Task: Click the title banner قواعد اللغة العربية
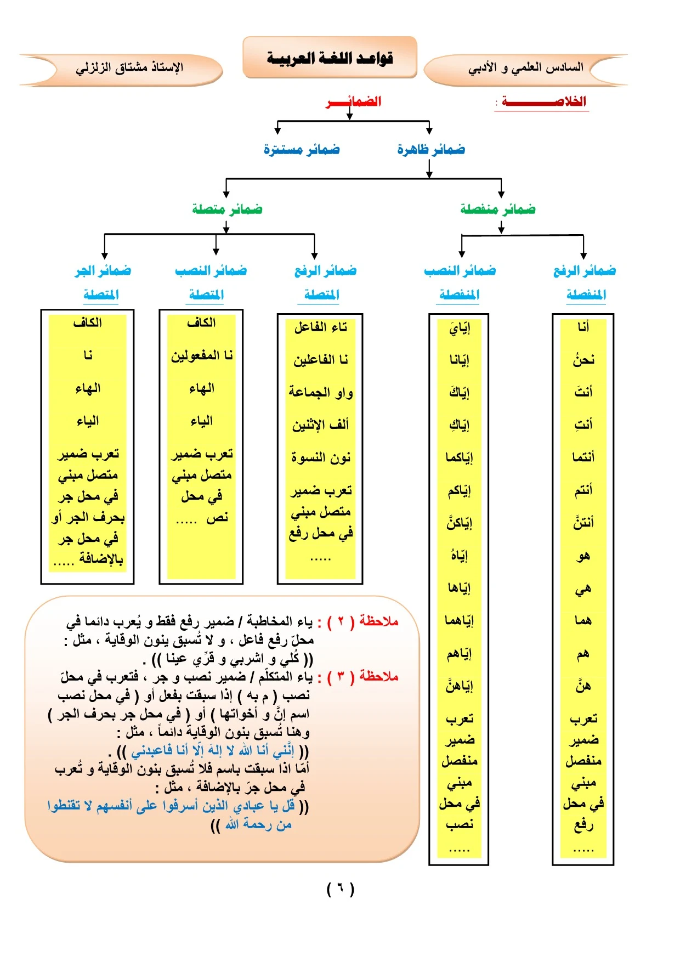pyautogui.click(x=330, y=58)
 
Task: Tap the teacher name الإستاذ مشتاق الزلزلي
pyautogui.click(x=129, y=68)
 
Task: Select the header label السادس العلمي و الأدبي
pyautogui.click(x=525, y=68)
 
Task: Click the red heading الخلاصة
pyautogui.click(x=543, y=101)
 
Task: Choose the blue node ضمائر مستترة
pyautogui.click(x=302, y=149)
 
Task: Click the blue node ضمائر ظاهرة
pyautogui.click(x=431, y=149)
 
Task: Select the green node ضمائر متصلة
pyautogui.click(x=227, y=209)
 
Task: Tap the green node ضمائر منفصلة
pyautogui.click(x=498, y=209)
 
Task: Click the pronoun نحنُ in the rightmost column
pyautogui.click(x=583, y=360)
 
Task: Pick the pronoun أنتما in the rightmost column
pyautogui.click(x=583, y=457)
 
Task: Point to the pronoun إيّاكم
pyautogui.click(x=459, y=490)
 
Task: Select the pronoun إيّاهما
pyautogui.click(x=459, y=620)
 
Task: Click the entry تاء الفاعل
pyautogui.click(x=321, y=327)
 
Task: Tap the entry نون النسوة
pyautogui.click(x=321, y=457)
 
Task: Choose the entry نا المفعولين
pyautogui.click(x=202, y=355)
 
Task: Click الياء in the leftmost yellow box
pyautogui.click(x=88, y=421)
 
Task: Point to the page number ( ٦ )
pyautogui.click(x=341, y=889)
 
